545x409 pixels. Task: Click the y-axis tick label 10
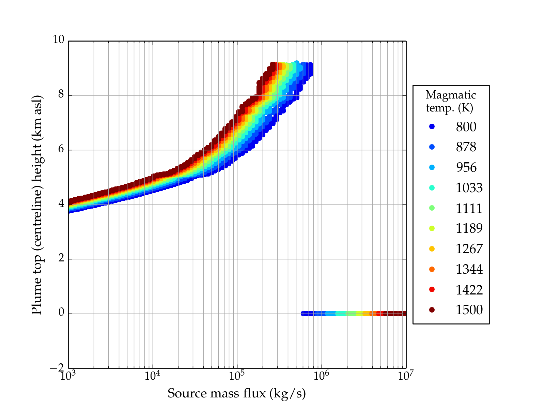(58, 40)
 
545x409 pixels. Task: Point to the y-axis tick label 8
(61, 94)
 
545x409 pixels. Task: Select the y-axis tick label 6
(61, 149)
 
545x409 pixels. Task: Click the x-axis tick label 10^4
(152, 376)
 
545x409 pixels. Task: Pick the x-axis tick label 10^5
(237, 376)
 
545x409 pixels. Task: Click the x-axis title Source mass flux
(236, 393)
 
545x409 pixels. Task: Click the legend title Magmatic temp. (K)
(450, 101)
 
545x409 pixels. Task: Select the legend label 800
(466, 127)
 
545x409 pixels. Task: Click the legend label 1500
(469, 310)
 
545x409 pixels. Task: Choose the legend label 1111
(469, 208)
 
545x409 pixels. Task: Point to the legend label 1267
(469, 249)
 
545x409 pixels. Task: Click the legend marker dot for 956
(432, 167)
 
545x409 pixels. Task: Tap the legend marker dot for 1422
(432, 289)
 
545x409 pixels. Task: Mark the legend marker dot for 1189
(432, 228)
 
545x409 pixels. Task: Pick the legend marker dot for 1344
(432, 269)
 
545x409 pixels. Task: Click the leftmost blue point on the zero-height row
(303, 314)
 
